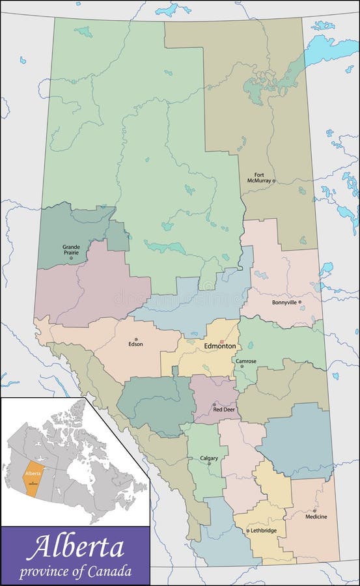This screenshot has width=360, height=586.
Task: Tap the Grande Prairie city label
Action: click(x=71, y=249)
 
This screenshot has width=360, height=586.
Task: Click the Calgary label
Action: click(x=209, y=458)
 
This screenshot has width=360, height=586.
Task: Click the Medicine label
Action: click(x=316, y=517)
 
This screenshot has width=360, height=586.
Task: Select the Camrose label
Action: click(x=245, y=361)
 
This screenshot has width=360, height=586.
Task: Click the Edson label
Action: click(x=136, y=345)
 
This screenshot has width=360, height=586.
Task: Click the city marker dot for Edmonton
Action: click(x=221, y=341)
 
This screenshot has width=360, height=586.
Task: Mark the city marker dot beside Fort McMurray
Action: click(x=274, y=181)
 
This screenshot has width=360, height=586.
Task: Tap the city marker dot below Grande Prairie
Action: click(x=71, y=258)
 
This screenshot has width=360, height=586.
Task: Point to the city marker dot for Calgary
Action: click(x=209, y=464)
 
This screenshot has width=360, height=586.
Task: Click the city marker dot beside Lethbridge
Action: click(x=247, y=531)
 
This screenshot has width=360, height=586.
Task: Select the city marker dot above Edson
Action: click(x=136, y=339)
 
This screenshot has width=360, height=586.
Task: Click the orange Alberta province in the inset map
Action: click(x=33, y=475)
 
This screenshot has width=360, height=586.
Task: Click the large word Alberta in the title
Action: click(x=75, y=548)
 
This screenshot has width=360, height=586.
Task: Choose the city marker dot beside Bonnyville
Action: click(x=299, y=302)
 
